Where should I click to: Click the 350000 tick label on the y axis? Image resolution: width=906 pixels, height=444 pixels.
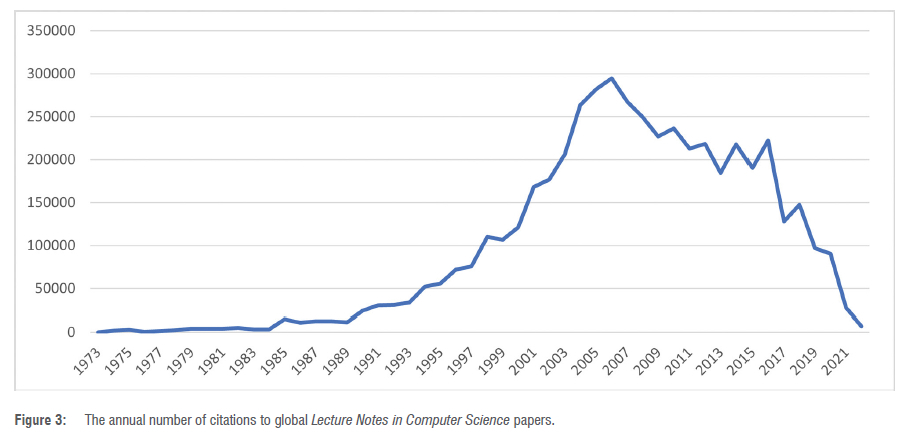pyautogui.click(x=51, y=30)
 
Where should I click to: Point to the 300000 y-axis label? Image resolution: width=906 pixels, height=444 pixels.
pyautogui.click(x=51, y=74)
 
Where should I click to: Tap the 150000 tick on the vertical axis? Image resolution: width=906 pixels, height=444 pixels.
pyautogui.click(x=51, y=160)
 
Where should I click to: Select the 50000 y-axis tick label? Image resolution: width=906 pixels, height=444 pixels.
pyautogui.click(x=55, y=289)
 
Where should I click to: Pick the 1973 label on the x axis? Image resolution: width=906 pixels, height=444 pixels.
pyautogui.click(x=88, y=357)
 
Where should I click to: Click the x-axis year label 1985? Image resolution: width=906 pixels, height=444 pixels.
pyautogui.click(x=275, y=357)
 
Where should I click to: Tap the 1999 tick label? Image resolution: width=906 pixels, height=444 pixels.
pyautogui.click(x=493, y=357)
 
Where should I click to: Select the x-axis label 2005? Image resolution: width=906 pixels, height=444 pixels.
pyautogui.click(x=587, y=357)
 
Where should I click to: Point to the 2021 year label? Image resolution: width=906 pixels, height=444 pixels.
pyautogui.click(x=836, y=357)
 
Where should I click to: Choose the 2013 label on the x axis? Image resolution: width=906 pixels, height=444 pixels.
pyautogui.click(x=711, y=357)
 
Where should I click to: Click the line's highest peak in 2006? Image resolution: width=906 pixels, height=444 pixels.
pyautogui.click(x=611, y=78)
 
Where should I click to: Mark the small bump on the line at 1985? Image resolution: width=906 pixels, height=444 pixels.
pyautogui.click(x=285, y=319)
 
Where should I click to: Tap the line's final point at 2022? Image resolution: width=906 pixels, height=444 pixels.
pyautogui.click(x=861, y=326)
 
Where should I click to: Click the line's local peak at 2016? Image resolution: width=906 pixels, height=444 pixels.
pyautogui.click(x=767, y=140)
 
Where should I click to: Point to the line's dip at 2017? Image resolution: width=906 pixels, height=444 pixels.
pyautogui.click(x=783, y=221)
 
